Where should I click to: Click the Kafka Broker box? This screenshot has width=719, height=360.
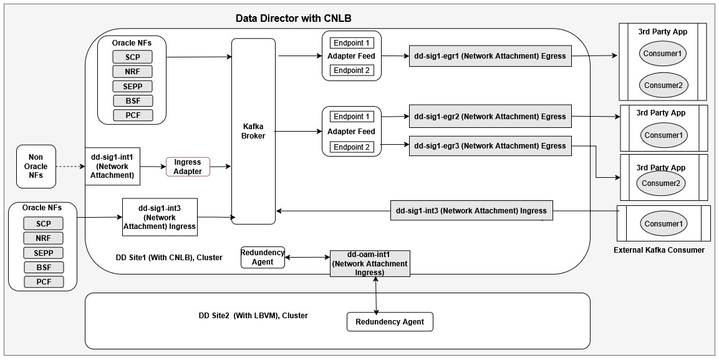[x=253, y=131]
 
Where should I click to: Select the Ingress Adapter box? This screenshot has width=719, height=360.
[x=188, y=167]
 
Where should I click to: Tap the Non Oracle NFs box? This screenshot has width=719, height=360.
[x=36, y=167]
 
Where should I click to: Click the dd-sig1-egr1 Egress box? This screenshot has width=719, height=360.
[x=490, y=56]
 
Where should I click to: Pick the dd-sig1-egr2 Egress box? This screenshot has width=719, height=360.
[x=490, y=117]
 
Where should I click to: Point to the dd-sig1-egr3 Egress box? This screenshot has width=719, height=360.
[x=490, y=146]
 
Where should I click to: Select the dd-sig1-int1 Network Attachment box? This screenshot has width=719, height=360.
[x=112, y=167]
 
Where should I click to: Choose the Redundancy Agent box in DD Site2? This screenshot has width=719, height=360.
[x=389, y=322]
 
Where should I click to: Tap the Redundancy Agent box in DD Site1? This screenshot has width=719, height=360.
[x=263, y=257]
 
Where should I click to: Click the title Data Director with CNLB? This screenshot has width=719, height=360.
[x=297, y=18]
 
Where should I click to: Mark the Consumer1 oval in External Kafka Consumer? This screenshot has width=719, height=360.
[x=662, y=224]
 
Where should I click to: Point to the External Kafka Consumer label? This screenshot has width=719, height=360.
[x=659, y=250]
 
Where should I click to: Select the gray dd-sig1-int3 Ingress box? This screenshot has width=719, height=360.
[x=471, y=211]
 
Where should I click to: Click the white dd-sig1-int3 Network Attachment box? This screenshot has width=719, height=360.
[x=159, y=217]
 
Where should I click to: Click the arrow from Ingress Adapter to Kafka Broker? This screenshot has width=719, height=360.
[x=221, y=167]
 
